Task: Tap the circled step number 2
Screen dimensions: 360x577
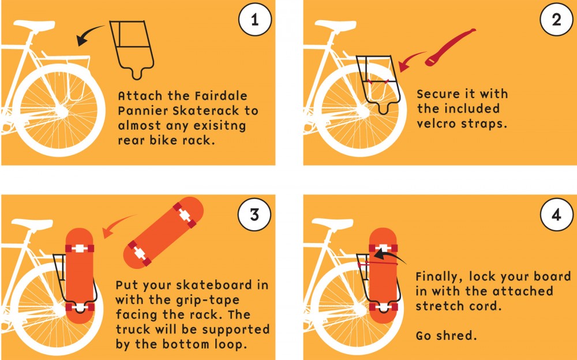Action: (x=556, y=21)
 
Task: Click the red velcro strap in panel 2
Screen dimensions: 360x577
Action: (x=450, y=46)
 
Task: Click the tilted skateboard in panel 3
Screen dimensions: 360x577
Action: (x=163, y=231)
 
